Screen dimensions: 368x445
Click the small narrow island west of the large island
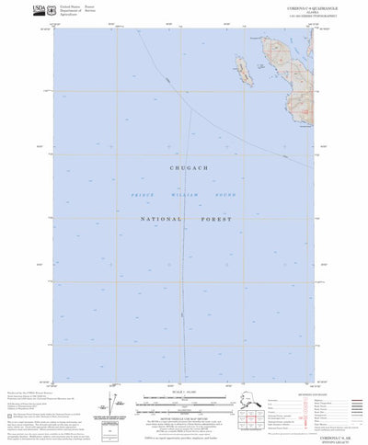click(x=244, y=70)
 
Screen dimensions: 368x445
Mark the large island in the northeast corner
click(x=286, y=64)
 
